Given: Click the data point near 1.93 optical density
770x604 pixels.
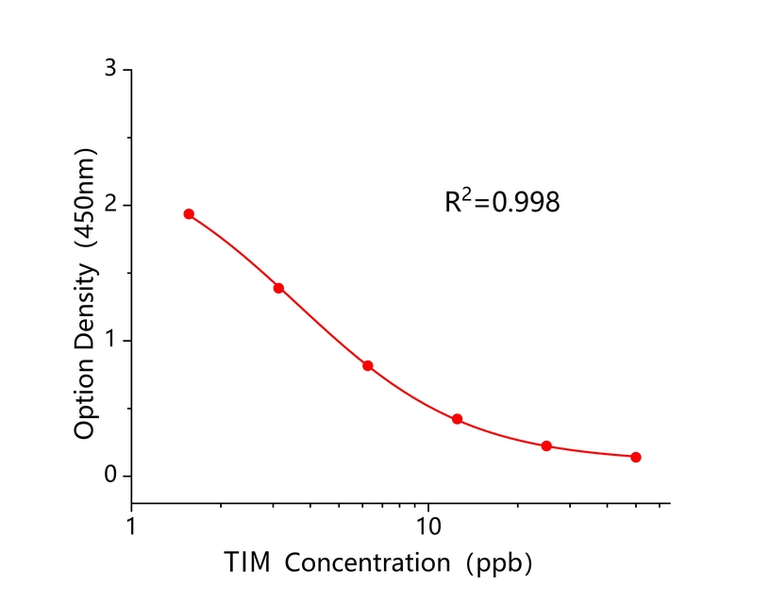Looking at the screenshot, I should (189, 214).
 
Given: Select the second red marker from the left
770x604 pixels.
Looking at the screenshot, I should (278, 288).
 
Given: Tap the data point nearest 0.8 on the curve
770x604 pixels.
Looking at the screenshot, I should (368, 365).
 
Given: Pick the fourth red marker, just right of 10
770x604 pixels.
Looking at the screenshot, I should (457, 419).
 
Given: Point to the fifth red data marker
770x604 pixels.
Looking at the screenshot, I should (546, 445).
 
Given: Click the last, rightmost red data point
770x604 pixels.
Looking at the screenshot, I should (636, 457).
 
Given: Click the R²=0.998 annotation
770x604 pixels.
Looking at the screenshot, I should (502, 201).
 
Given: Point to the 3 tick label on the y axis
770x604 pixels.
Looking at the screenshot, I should (110, 70).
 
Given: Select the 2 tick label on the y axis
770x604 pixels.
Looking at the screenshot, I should (110, 205).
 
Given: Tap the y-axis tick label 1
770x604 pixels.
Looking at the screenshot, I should (110, 341).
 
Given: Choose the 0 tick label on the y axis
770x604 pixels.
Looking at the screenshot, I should (110, 476).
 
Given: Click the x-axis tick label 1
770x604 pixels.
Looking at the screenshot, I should (131, 525).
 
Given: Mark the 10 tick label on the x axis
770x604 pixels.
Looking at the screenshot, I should (428, 525).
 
